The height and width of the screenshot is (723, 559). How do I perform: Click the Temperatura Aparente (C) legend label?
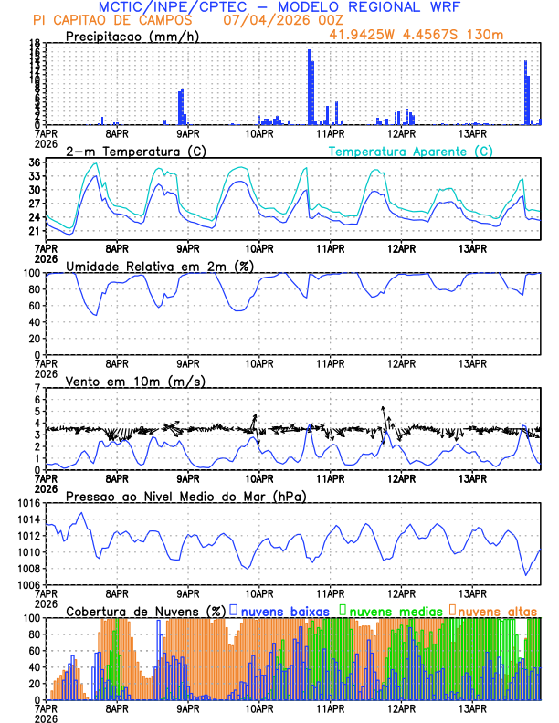click(x=410, y=151)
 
